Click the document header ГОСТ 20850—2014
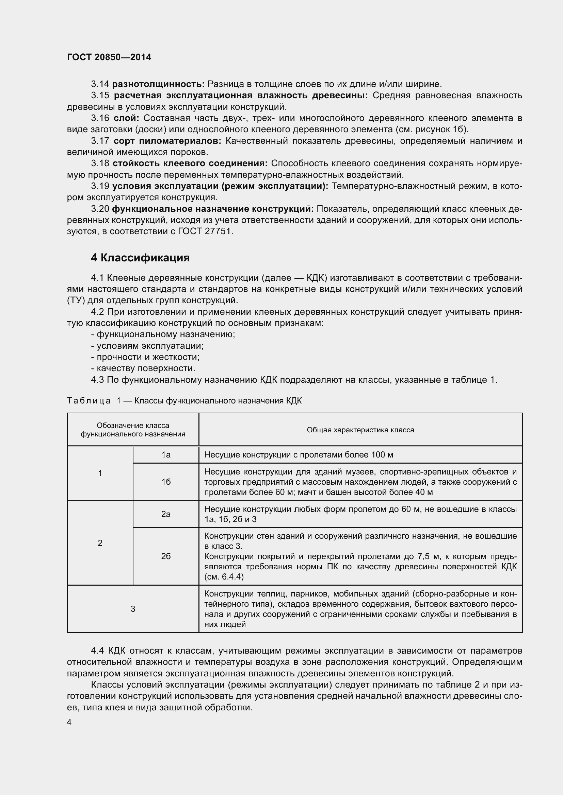pyautogui.click(x=109, y=57)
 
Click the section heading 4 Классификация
pyautogui.click(x=140, y=258)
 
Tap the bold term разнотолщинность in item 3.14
pyautogui.click(x=158, y=84)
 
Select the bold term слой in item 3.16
pyautogui.click(x=126, y=118)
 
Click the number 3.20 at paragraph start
pyautogui.click(x=100, y=209)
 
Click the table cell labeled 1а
pyautogui.click(x=166, y=455)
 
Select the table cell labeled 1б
pyautogui.click(x=166, y=482)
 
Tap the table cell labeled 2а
pyautogui.click(x=166, y=514)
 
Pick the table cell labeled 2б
pyautogui.click(x=166, y=556)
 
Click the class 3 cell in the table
pyautogui.click(x=133, y=609)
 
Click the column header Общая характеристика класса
pyautogui.click(x=360, y=430)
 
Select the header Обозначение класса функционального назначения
pyautogui.click(x=133, y=430)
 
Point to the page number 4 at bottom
pyautogui.click(x=69, y=722)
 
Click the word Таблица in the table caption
pyautogui.click(x=89, y=401)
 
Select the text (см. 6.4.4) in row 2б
pyautogui.click(x=224, y=577)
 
